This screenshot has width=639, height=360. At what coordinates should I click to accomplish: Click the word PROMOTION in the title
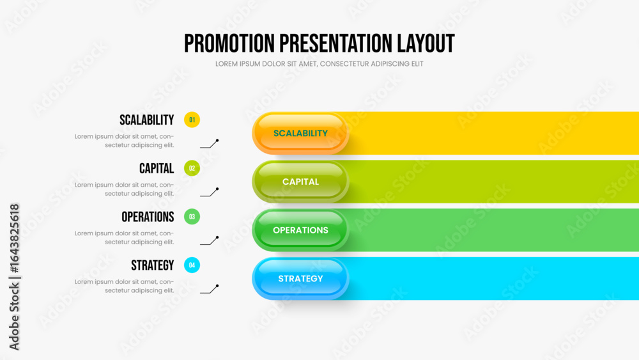coord(229,43)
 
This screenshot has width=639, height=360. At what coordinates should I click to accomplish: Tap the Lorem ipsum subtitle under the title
coord(319,63)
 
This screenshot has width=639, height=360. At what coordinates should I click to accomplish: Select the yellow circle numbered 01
coord(192,120)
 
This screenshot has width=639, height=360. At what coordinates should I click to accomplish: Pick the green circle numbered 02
coord(192,168)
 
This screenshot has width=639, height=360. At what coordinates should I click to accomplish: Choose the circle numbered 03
coord(192,217)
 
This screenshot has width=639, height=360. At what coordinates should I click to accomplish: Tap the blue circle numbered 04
coord(192,265)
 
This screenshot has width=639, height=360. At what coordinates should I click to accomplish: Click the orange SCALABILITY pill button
coord(300,133)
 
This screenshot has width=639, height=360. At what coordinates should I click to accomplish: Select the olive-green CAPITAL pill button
coord(300,182)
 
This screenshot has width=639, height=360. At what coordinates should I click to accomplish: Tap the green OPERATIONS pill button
coord(300,230)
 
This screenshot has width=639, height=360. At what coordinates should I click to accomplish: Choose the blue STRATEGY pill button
coord(300,279)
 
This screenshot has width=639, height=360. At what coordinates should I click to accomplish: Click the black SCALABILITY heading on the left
coord(147,120)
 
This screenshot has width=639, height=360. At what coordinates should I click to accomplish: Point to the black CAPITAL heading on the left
coord(157,168)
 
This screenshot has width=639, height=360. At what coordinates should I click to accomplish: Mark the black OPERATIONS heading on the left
coord(148,217)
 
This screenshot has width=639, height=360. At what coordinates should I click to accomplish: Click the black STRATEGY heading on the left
coord(153,265)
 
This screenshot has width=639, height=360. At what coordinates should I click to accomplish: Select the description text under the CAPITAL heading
coord(125,189)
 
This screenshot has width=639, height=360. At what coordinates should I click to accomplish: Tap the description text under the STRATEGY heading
coord(125,286)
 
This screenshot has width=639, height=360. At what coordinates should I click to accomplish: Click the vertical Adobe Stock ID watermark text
coord(14,277)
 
